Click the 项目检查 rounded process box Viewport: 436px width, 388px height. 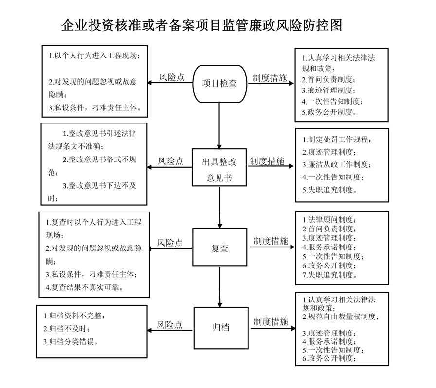(219, 84)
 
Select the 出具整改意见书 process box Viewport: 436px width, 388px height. (219, 167)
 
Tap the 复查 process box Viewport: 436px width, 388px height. (219, 247)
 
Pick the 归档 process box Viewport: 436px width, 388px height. (221, 328)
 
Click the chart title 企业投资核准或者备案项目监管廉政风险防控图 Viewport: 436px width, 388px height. (201, 25)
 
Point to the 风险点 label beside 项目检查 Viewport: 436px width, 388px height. (172, 77)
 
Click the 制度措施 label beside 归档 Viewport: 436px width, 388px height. (271, 322)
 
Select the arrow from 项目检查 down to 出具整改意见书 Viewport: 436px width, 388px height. (219, 125)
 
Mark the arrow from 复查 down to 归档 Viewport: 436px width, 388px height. (219, 287)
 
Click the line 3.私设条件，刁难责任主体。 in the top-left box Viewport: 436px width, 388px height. (95, 107)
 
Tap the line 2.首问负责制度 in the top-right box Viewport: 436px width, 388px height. (328, 79)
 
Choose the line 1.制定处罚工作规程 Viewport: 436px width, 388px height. (337, 140)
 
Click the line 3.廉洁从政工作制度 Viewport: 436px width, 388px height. (337, 164)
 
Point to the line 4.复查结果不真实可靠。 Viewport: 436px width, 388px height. (84, 287)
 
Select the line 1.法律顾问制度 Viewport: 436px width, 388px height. (329, 220)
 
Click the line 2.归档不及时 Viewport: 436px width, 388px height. (67, 329)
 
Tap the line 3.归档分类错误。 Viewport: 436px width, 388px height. (71, 342)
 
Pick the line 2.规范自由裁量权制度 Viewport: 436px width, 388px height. (341, 317)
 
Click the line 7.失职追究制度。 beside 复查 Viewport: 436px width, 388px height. (330, 275)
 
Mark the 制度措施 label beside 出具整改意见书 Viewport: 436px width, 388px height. (267, 161)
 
